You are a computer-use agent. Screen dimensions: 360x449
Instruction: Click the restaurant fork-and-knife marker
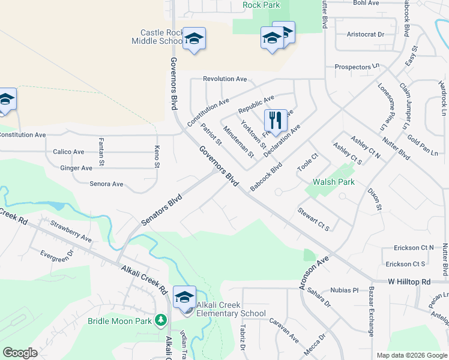click(276, 120)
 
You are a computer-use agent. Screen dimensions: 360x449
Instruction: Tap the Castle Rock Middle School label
click(157, 37)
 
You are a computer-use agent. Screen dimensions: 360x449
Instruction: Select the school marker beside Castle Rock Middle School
click(194, 39)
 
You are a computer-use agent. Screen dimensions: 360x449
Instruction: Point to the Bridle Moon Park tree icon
click(160, 320)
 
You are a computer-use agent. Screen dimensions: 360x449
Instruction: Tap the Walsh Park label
click(334, 182)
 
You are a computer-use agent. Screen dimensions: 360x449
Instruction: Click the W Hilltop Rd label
click(409, 281)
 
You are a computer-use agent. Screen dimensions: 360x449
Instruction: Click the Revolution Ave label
click(225, 79)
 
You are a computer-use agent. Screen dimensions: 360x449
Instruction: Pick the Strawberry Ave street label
click(71, 231)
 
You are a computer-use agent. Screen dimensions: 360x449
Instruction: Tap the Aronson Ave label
click(315, 274)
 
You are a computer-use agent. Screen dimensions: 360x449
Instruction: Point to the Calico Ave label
click(69, 152)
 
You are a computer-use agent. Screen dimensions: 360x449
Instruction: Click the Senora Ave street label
click(106, 184)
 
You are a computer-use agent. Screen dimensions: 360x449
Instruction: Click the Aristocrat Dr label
click(366, 34)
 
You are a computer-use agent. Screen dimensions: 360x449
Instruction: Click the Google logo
click(20, 353)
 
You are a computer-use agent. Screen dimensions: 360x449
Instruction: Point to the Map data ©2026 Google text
click(411, 355)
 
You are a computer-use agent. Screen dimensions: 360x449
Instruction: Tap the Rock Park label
click(262, 5)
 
